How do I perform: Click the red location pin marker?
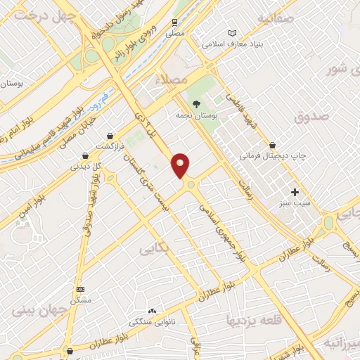pos(181,166)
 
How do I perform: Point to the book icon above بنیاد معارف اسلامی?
pos(233,33)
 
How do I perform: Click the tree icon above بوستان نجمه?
pos(196,103)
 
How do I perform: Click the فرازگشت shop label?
pos(109,146)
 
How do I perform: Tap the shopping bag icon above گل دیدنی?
pos(85,155)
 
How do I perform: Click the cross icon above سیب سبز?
pos(295,192)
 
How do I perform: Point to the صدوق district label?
pos(312,116)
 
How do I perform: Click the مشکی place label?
pos(80,300)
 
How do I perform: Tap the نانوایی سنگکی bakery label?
pos(151,321)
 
